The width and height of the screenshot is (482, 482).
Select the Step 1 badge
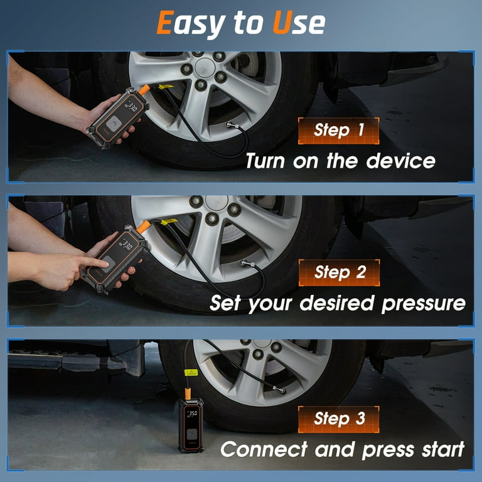[x=339, y=131]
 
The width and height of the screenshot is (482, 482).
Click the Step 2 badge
[x=339, y=272]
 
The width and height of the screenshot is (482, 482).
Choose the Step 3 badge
[x=339, y=419]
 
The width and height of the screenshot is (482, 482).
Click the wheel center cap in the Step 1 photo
[x=206, y=66]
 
